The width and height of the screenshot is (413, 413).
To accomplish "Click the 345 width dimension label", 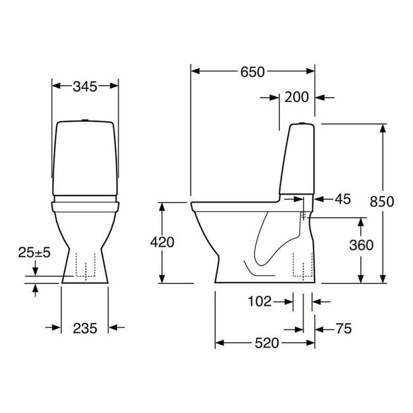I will tap(85, 86).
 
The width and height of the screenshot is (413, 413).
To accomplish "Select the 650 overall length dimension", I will tap(252, 72).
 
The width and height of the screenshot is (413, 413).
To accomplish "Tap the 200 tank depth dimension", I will tap(297, 97).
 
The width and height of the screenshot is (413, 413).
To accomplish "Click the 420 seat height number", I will tap(161, 242).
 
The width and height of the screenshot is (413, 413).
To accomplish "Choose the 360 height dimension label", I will tap(361, 245).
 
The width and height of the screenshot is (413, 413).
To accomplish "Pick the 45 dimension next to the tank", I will tap(342, 199).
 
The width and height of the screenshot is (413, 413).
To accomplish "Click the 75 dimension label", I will tap(342, 329).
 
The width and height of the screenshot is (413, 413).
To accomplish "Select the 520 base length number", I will tap(267, 343).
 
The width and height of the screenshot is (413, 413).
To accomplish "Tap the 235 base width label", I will tap(85, 328).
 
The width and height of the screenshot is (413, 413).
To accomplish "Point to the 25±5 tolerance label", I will tap(34, 252).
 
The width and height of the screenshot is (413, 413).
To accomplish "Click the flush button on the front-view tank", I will tap(85, 120).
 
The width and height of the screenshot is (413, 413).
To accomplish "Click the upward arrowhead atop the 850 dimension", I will tap(384, 128).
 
